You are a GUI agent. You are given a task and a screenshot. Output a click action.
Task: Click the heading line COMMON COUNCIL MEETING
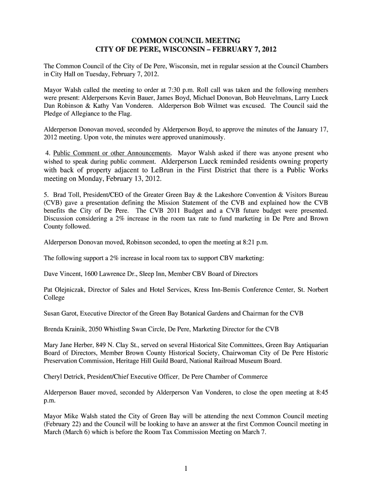click(x=186, y=40)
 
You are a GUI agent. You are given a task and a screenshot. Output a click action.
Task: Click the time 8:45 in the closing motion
click(x=320, y=393)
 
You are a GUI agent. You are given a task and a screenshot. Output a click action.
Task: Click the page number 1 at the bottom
click(x=186, y=468)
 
